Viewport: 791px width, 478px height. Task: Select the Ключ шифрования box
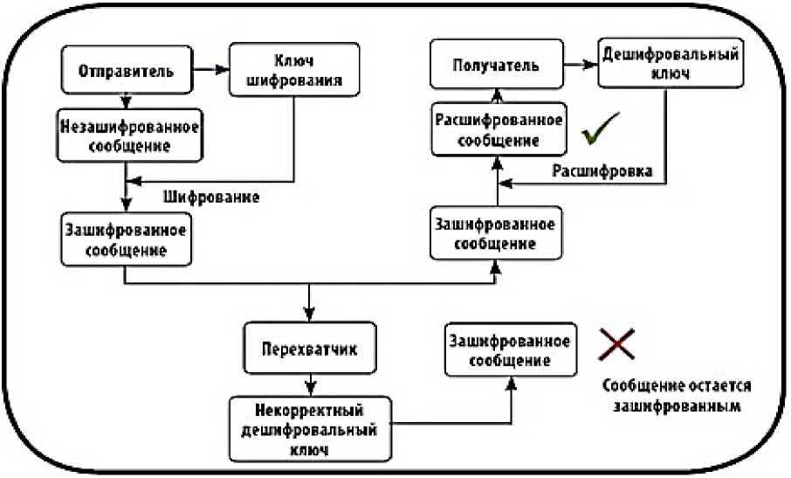click(294, 70)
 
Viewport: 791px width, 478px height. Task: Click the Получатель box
click(496, 66)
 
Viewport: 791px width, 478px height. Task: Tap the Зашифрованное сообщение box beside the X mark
click(509, 350)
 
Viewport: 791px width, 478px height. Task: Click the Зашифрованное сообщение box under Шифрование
click(126, 236)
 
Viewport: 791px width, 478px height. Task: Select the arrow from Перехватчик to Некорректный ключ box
click(310, 383)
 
